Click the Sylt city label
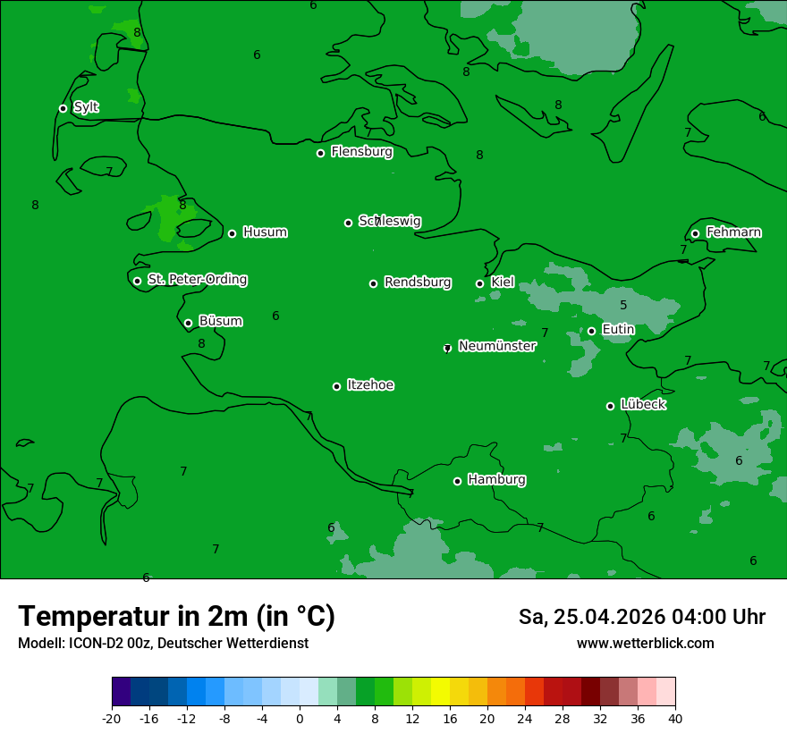point(86,107)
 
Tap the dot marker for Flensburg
point(320,153)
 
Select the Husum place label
point(265,232)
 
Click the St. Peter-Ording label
point(197,280)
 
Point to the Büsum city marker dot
point(188,324)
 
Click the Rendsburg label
point(418,282)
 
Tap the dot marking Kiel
point(479,283)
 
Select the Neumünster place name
point(497,346)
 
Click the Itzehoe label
point(370,385)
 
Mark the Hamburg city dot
point(457,481)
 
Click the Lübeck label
point(643,404)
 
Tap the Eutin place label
point(618,330)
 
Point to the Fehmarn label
point(733,232)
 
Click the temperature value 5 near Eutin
point(623,306)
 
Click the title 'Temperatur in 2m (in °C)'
point(176,616)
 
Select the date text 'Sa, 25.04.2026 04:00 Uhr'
point(641,617)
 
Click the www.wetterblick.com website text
point(645,643)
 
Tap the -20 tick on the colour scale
point(112,717)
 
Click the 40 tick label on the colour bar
point(675,717)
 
